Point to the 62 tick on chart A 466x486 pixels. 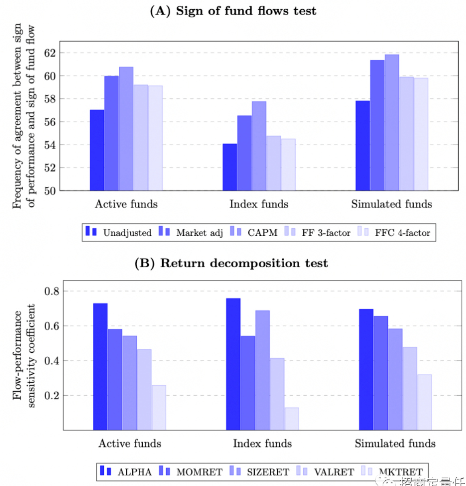pos(50,53)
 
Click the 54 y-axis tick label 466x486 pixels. pos(50,145)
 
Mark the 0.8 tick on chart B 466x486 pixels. pos(52,291)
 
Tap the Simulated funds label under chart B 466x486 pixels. pos(395,443)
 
